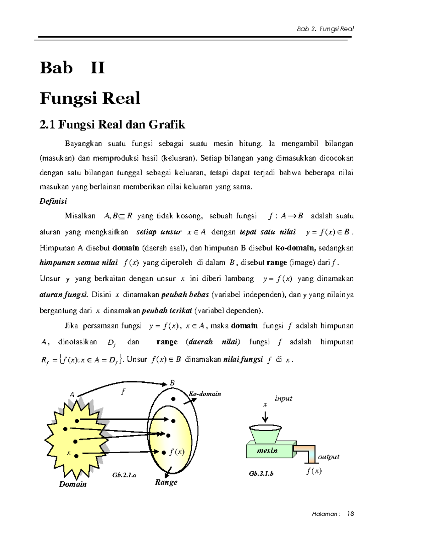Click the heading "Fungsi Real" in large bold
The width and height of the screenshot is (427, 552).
(x=90, y=98)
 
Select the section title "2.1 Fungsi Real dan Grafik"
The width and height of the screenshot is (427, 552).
(x=112, y=124)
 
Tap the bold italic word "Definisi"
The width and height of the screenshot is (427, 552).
(x=53, y=201)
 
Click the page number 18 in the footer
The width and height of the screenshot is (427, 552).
(x=350, y=514)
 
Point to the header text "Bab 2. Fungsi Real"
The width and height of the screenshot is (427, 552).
(x=325, y=29)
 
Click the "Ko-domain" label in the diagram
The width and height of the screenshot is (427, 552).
(x=205, y=394)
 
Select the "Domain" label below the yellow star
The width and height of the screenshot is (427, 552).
(x=73, y=484)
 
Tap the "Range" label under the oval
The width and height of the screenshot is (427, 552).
(x=166, y=482)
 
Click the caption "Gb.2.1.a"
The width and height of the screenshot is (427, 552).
(x=124, y=475)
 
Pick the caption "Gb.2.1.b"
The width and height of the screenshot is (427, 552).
(x=261, y=473)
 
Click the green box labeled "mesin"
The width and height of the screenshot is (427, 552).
(x=268, y=451)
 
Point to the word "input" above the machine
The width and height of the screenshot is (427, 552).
(x=284, y=399)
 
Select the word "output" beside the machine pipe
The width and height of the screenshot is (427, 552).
(x=328, y=457)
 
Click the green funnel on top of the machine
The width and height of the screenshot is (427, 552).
(x=266, y=434)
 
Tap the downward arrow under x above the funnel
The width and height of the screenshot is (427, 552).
(x=265, y=416)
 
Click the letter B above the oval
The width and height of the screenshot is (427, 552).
(x=173, y=383)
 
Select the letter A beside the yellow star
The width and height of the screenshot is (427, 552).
(x=72, y=395)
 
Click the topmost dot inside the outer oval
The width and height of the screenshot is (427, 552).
(x=173, y=399)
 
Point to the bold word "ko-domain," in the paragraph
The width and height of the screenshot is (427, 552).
(x=296, y=248)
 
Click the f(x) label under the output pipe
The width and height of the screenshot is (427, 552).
(x=314, y=471)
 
